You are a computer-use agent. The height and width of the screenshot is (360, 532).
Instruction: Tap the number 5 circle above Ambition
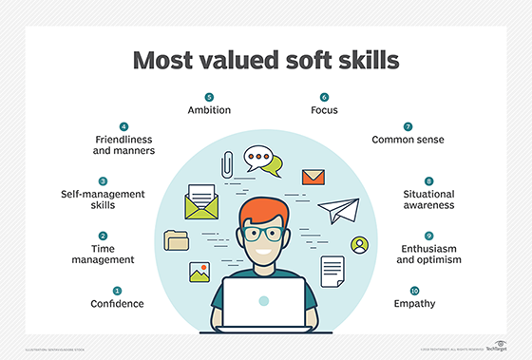(x=210, y=97)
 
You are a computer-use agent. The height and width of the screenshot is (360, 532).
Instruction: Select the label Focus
(x=324, y=111)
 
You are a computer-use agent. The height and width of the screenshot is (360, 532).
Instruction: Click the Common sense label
(x=408, y=140)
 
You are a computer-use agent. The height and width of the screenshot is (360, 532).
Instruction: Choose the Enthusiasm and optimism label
(x=427, y=254)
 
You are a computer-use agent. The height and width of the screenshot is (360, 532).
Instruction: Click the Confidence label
(x=117, y=304)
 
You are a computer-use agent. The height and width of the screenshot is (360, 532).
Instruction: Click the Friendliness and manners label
(x=123, y=146)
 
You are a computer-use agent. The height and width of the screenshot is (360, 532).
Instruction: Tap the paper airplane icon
(x=339, y=212)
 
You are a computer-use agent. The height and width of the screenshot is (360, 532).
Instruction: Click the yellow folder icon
(x=177, y=239)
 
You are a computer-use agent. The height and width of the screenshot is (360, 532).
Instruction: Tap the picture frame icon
(x=200, y=272)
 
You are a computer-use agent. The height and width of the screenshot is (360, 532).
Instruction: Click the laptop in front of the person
(x=265, y=303)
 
